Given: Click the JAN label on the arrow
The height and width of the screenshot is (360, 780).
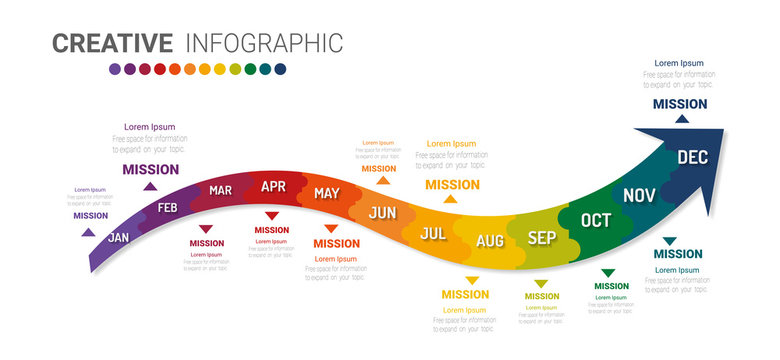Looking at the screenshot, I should coord(119,238).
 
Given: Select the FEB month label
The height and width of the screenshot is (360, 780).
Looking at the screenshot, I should coord(168,209).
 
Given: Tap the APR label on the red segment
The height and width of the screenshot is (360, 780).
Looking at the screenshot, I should coord(273,186).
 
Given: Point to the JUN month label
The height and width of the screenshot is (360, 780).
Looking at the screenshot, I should coord(383,212).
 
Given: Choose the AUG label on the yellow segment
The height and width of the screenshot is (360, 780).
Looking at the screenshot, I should coord(490,241).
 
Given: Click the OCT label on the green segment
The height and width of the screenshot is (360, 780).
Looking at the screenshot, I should coord(596,220).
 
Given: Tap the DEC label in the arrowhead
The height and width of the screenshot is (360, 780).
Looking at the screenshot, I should coord(693,157).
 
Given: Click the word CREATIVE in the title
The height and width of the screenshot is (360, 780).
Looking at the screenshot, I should coord(112,43).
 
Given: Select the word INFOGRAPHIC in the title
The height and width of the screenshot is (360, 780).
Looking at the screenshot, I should coord(264,43).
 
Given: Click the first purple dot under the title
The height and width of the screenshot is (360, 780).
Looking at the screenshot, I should coord(115,69).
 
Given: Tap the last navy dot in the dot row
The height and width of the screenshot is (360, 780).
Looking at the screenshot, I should coord(280,69).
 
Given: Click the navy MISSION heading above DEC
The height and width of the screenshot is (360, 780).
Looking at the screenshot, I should coord(680,103).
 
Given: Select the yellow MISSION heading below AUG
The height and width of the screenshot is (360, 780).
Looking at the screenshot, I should coord(465,295).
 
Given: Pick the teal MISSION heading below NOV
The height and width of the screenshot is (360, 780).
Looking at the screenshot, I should coord(677,254).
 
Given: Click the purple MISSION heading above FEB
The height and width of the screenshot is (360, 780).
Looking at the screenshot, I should coord(150,169).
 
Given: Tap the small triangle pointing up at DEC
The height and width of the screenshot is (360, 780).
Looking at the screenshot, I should coord(681,119).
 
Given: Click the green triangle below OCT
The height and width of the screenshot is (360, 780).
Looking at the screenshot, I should coord(608,273).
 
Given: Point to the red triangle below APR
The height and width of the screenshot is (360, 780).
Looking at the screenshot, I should coord(272,216).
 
